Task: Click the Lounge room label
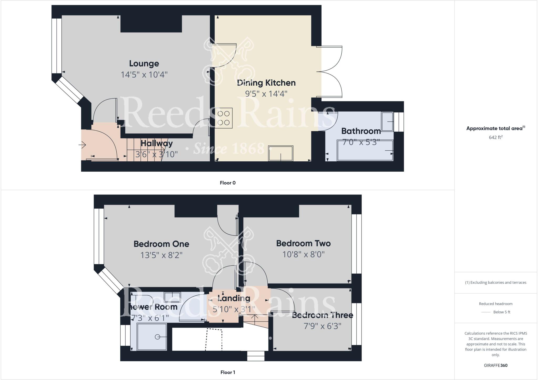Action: click(144, 64)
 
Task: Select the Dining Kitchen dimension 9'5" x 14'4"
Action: click(266, 94)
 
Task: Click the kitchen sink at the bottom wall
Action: click(281, 153)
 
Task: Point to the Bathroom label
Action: click(361, 131)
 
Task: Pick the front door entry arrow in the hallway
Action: click(82, 145)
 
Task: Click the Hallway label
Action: click(157, 143)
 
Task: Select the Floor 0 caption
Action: click(227, 183)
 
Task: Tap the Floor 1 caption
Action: click(227, 372)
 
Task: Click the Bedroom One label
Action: click(161, 244)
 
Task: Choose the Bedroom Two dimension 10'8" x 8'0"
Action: click(303, 254)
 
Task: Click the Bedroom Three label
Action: click(322, 315)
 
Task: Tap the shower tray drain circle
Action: click(158, 337)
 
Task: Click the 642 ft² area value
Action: click(495, 137)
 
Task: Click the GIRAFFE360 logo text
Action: click(495, 365)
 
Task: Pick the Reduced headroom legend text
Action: click(495, 304)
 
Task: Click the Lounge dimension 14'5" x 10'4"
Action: click(144, 75)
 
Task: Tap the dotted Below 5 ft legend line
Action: click(486, 312)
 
